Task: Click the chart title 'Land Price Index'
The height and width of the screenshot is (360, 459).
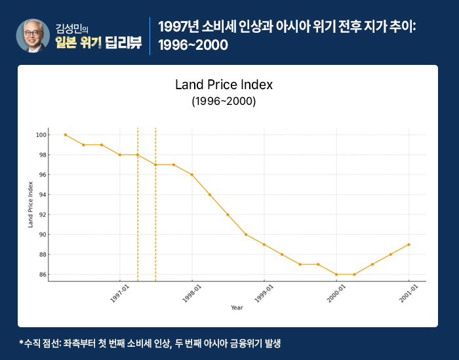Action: point(224,85)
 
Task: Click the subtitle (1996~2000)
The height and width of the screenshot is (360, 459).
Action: point(224,102)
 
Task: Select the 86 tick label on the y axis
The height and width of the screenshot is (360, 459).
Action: point(41,274)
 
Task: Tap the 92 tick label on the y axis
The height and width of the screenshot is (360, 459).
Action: point(41,214)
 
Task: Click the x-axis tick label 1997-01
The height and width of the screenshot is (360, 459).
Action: point(120,292)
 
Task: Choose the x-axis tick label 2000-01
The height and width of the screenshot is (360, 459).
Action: point(336,292)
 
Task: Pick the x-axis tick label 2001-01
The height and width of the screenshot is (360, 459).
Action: point(408,292)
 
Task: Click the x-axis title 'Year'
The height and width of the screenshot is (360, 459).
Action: point(237,307)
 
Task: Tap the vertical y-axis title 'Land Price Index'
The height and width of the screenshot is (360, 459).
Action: point(30,204)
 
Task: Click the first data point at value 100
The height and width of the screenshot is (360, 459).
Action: point(66,134)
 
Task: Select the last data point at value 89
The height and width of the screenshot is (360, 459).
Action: point(409,245)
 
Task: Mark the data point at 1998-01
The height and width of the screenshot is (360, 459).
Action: point(191,174)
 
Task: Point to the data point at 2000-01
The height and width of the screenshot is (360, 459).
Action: point(336,274)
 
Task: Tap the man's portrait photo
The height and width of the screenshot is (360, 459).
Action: point(32,35)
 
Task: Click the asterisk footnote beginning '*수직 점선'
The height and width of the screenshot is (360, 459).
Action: point(150,343)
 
